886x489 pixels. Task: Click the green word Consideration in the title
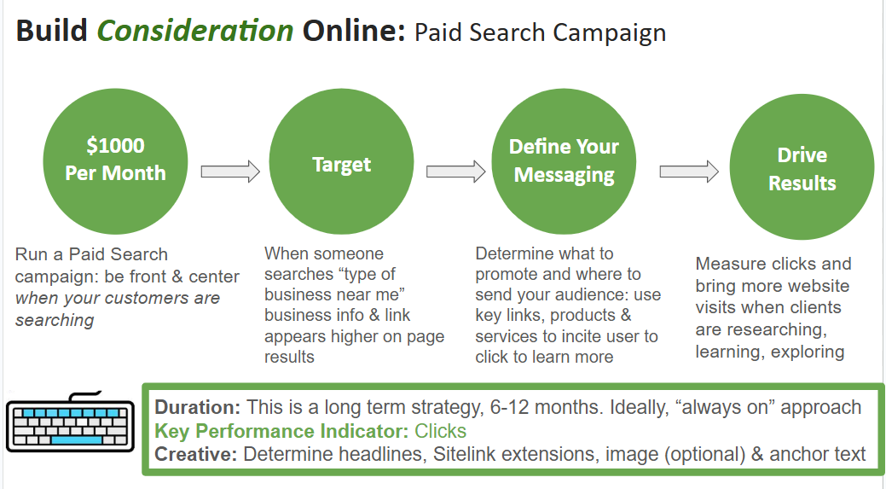(x=195, y=31)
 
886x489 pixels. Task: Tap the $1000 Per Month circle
(x=115, y=160)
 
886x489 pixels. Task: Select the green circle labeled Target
(x=341, y=160)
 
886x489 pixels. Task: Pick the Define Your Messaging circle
(x=564, y=160)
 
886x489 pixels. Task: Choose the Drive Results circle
(x=802, y=166)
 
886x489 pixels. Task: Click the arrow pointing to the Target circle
(x=230, y=172)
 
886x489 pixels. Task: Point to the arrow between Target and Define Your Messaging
(x=455, y=172)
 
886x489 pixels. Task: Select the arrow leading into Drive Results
(x=689, y=172)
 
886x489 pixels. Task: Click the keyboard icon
(x=70, y=422)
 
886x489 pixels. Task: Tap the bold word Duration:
(x=198, y=407)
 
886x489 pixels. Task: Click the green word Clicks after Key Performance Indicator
(x=440, y=431)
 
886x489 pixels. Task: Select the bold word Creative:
(x=196, y=454)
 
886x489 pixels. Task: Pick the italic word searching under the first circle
(x=55, y=320)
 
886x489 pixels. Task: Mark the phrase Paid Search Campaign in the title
(x=540, y=32)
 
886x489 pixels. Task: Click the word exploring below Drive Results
(x=808, y=352)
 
